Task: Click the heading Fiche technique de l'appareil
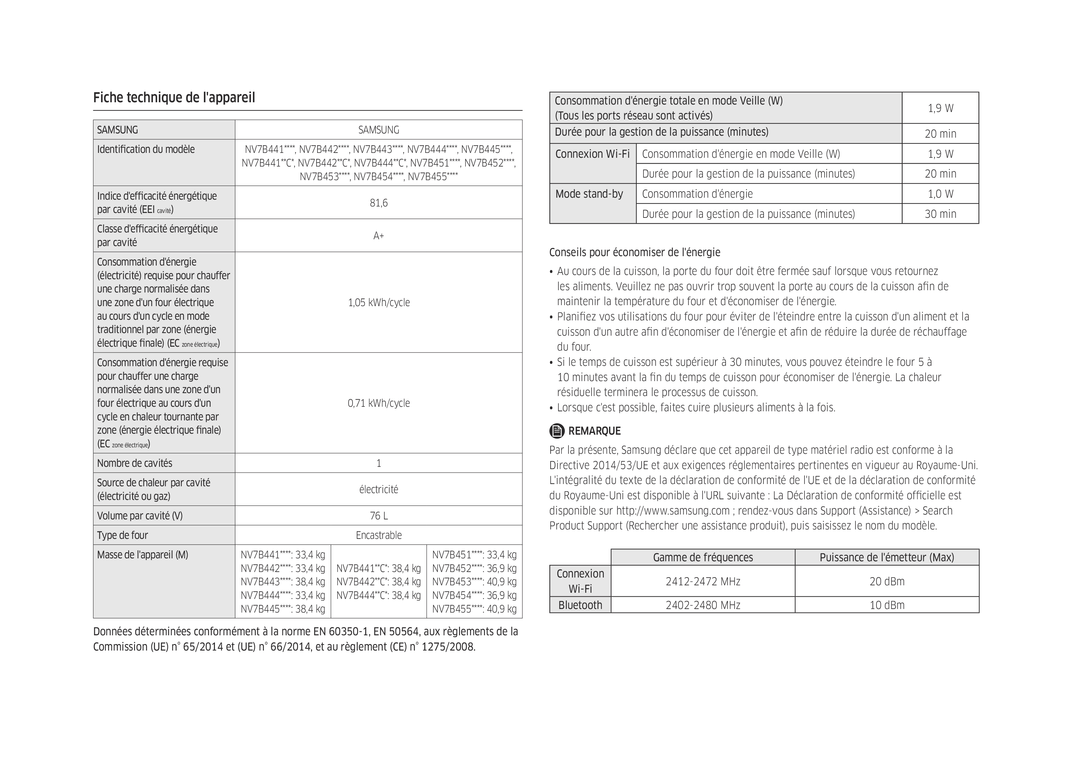click(174, 98)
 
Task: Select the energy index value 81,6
click(379, 203)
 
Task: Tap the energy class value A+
click(379, 236)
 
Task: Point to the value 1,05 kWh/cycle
click(379, 303)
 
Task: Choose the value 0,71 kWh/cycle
click(379, 403)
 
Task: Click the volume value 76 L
click(379, 516)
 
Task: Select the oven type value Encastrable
click(379, 535)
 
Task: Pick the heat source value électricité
click(379, 489)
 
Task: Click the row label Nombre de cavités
click(135, 463)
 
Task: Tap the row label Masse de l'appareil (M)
click(143, 554)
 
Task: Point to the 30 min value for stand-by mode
click(940, 214)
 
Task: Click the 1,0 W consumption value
click(940, 194)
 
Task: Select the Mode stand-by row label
click(589, 194)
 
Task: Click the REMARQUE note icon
click(557, 431)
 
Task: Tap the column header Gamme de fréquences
click(703, 557)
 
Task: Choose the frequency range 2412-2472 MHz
click(703, 581)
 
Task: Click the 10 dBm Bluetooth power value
click(887, 605)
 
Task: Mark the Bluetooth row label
click(580, 605)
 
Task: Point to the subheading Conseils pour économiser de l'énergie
click(635, 252)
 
